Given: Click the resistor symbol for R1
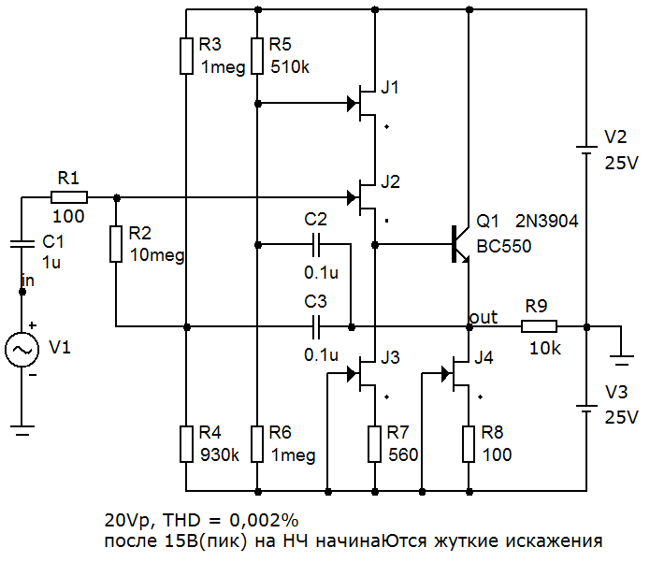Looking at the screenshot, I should click(69, 197).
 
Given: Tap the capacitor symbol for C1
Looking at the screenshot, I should click(21, 242).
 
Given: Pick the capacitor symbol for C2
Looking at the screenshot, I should click(316, 244).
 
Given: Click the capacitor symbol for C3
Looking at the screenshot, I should click(316, 326).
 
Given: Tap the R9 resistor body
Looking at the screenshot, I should click(539, 326).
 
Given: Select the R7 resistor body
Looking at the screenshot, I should click(374, 443).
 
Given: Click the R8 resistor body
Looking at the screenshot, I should click(468, 443).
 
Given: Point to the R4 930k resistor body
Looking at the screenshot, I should click(187, 443).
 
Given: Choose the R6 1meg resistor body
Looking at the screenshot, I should click(256, 443).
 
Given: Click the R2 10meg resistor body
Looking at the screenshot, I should click(116, 243).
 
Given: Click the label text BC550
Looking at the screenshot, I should click(504, 248).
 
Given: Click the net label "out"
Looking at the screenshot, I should click(484, 317).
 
